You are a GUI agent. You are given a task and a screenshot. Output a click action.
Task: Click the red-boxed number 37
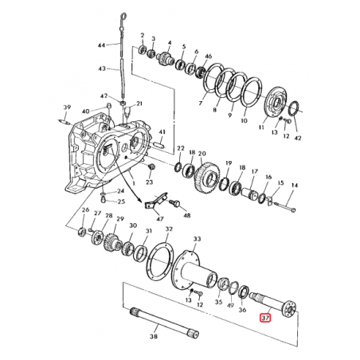click(265, 319)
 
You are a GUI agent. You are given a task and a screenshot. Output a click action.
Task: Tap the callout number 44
click(101, 47)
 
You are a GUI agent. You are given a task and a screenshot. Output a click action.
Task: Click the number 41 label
click(162, 132)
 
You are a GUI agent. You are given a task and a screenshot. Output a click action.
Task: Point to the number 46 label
click(208, 57)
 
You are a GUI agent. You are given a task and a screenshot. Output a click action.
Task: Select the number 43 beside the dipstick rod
click(101, 68)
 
